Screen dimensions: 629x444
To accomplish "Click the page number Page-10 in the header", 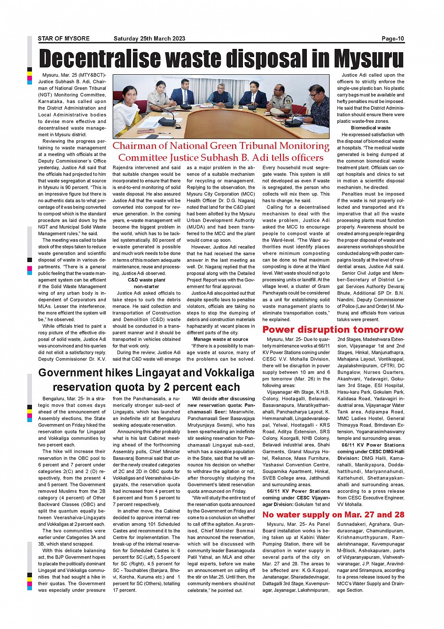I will [x=392, y=39].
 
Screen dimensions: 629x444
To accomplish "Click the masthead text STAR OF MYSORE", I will [x=63, y=39].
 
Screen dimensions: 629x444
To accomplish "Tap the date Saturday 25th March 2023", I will [x=149, y=39].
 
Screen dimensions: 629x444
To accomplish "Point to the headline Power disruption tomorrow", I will [x=333, y=330].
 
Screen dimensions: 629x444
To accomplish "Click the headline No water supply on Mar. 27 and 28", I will [x=333, y=515].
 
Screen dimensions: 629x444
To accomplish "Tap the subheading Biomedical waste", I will [x=371, y=128].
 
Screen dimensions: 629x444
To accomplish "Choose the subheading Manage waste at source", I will [x=221, y=339].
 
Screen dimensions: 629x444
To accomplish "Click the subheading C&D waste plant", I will [x=147, y=280].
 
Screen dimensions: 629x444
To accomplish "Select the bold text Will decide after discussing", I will [x=223, y=398].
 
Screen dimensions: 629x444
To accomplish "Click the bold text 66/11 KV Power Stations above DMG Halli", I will [x=373, y=445].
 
